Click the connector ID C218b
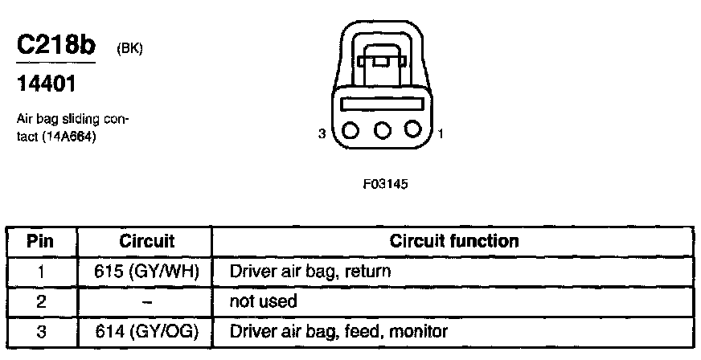(55, 46)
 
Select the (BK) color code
(130, 49)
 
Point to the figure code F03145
(386, 184)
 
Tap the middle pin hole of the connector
(381, 129)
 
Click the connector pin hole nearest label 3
(350, 129)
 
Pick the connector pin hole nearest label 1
(412, 129)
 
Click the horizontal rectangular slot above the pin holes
(381, 104)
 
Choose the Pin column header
(40, 241)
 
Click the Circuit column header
(146, 241)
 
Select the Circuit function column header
(454, 241)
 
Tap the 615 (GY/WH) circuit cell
(146, 272)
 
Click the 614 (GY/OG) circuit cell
(146, 331)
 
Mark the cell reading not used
(263, 301)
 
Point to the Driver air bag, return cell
(310, 272)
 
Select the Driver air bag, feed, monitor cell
(338, 331)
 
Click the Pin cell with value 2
(40, 301)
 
